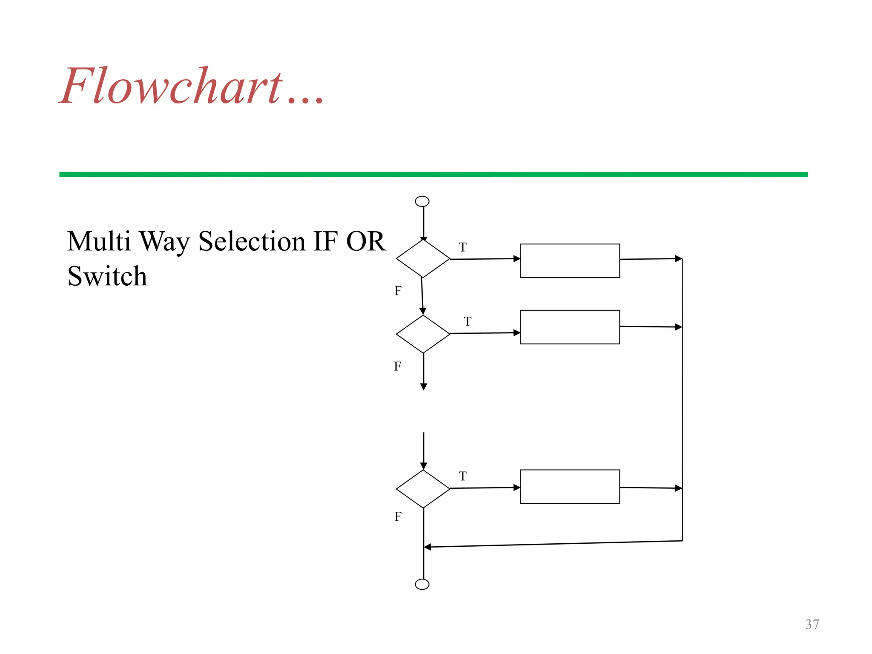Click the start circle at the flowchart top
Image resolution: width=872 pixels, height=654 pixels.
(422, 201)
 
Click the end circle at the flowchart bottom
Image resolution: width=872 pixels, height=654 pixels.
(422, 584)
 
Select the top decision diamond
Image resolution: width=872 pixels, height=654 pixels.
(423, 258)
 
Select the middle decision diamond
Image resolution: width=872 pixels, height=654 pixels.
(423, 334)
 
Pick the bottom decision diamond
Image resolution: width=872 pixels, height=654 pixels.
(423, 489)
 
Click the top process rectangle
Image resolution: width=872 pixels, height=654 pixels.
(570, 261)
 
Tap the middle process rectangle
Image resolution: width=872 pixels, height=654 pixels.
(570, 327)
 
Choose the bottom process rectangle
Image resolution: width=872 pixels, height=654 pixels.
(570, 487)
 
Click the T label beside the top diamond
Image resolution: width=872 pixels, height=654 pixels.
(463, 247)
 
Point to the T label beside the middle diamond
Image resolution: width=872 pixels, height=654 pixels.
(468, 321)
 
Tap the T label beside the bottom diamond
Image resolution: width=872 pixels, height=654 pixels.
(463, 476)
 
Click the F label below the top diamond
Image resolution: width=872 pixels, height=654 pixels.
(398, 291)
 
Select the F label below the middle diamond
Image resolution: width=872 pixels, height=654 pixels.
(397, 366)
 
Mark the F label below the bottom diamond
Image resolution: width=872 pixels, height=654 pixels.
(398, 516)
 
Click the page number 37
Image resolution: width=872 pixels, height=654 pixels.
(812, 624)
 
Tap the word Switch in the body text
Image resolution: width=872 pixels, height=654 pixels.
(107, 276)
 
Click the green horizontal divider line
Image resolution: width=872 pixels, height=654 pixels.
(433, 175)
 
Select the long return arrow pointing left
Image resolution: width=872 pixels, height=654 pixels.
(554, 544)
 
